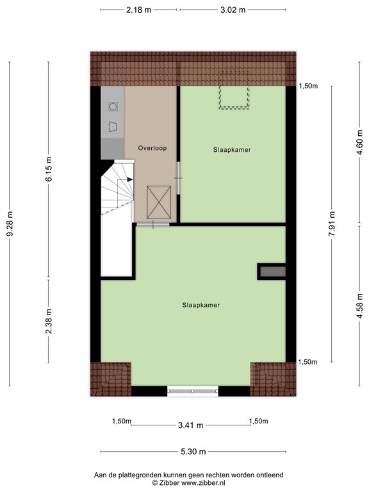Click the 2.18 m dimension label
point(139,10)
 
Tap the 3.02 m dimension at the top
point(232,10)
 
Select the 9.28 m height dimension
point(9,224)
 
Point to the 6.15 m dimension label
point(49,170)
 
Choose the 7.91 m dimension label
point(332,224)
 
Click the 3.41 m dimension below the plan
point(190,425)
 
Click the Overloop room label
point(152,148)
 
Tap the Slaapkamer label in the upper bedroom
point(232,150)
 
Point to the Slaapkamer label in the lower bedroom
point(201,306)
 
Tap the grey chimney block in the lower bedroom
point(272,272)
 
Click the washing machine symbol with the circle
point(113,106)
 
